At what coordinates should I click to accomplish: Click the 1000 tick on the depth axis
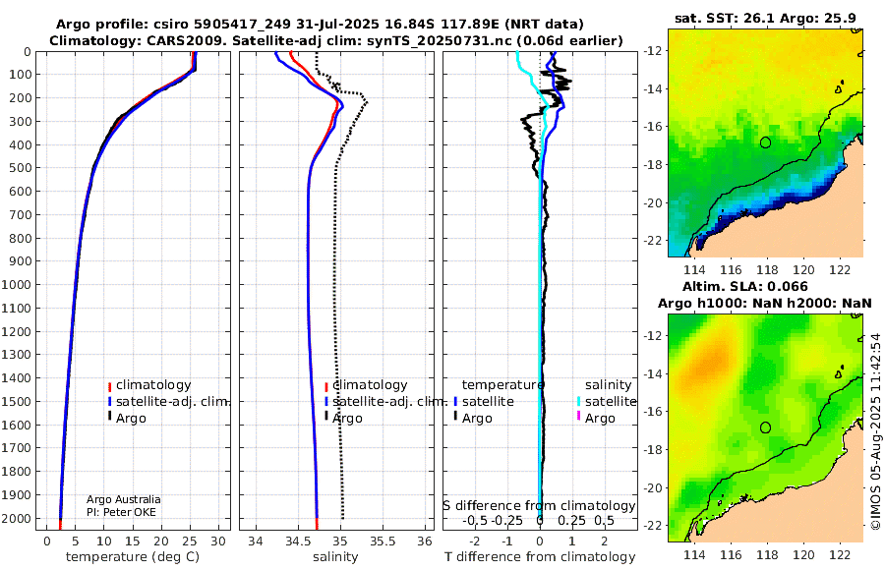point(20,285)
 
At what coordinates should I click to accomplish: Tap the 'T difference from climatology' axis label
point(539,557)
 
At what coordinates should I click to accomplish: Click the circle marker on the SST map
point(765,142)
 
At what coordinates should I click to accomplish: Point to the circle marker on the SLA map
point(765,427)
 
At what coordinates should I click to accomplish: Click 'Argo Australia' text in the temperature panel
point(123,499)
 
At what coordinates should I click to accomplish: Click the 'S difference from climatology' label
point(539,505)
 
